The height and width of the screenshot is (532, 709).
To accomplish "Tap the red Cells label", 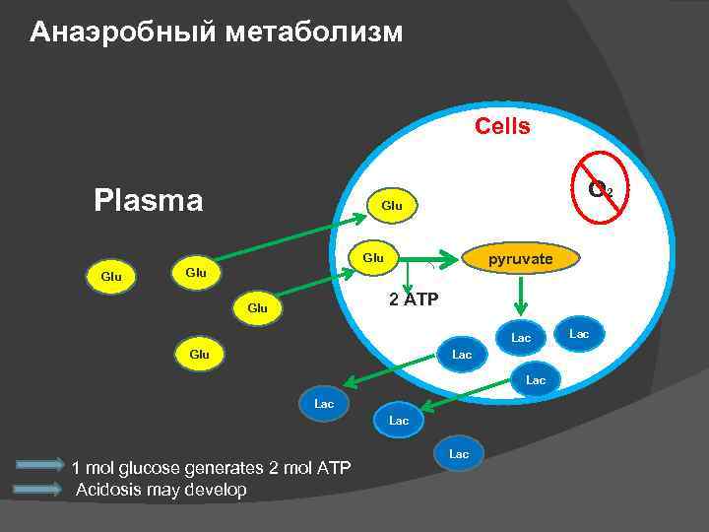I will tap(502, 126).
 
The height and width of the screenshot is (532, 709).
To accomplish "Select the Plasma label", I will tap(148, 201).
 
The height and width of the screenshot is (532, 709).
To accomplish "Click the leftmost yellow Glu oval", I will tap(111, 276).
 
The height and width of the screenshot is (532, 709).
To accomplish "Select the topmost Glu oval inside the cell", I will tap(391, 205).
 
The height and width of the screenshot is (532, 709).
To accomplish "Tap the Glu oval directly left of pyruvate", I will tap(373, 257).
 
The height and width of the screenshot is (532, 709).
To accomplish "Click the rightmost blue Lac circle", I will tap(579, 335).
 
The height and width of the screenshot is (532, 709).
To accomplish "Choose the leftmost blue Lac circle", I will tap(324, 404).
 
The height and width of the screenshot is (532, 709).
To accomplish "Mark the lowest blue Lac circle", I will tap(459, 454).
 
